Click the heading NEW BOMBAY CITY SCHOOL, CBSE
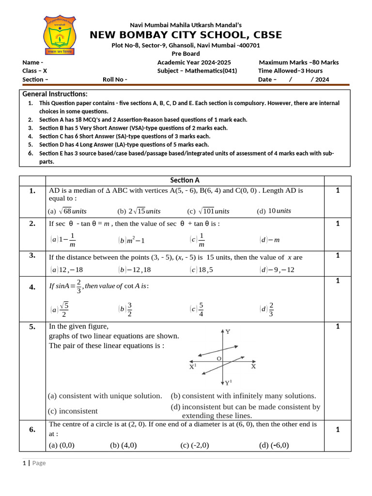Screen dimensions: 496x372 186,35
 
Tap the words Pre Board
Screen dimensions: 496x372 186,54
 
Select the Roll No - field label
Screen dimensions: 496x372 115,80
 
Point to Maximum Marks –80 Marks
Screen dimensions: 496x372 298,62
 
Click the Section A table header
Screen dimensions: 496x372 185,180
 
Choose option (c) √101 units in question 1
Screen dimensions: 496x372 208,211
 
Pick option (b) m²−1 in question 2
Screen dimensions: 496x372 132,240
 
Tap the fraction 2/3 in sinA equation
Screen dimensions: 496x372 78,286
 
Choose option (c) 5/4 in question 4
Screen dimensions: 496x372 197,309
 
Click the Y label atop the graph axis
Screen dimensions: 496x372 228,332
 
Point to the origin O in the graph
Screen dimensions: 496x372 219,358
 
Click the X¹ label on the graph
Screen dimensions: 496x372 192,367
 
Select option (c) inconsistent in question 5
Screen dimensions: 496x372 73,411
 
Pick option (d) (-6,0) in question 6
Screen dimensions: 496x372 274,445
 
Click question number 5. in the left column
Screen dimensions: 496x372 32,327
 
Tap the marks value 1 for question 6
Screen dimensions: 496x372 338,430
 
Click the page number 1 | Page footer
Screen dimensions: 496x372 34,463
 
